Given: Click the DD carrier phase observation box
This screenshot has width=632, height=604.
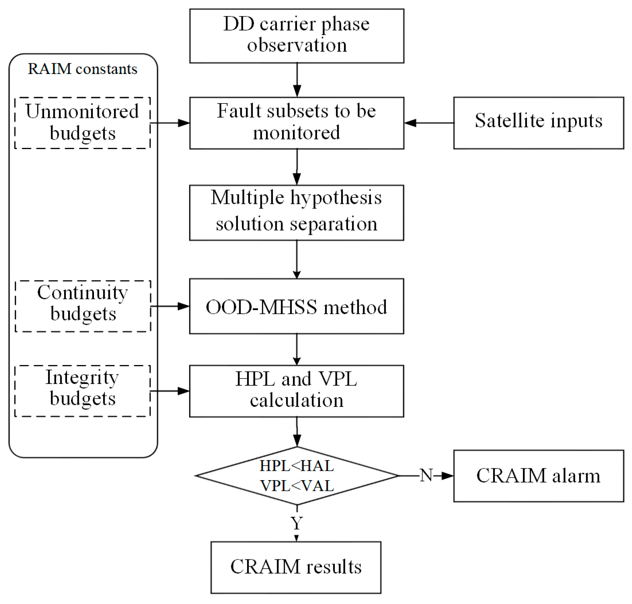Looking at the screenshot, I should pyautogui.click(x=296, y=35).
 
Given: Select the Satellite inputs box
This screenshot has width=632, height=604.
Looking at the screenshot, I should pyautogui.click(x=538, y=123).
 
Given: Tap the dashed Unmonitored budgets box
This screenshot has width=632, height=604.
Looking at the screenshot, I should pyautogui.click(x=82, y=123).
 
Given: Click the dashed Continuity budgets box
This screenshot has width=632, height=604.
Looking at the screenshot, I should pyautogui.click(x=83, y=306).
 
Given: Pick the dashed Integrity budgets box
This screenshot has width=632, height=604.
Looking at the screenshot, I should pyautogui.click(x=82, y=391).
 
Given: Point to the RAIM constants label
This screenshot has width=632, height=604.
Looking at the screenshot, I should pyautogui.click(x=82, y=69).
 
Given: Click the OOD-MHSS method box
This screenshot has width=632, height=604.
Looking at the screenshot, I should pyautogui.click(x=296, y=306).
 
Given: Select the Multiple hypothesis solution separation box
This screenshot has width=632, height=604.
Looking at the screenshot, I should pyautogui.click(x=296, y=213).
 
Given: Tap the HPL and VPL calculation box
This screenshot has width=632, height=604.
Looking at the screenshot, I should pyautogui.click(x=296, y=391).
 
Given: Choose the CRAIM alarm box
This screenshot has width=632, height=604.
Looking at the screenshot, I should pyautogui.click(x=538, y=476).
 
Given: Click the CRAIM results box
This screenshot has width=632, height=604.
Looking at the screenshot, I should pyautogui.click(x=296, y=567).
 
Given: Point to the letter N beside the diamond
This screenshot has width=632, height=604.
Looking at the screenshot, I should pyautogui.click(x=426, y=475).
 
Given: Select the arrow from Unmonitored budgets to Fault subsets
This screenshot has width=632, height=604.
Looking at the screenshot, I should pyautogui.click(x=170, y=123).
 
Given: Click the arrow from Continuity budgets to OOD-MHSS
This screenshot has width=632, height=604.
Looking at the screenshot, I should pyautogui.click(x=170, y=306).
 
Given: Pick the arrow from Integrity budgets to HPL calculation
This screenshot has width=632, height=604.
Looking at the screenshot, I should pyautogui.click(x=170, y=391).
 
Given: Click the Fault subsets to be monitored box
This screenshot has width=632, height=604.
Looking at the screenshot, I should pyautogui.click(x=296, y=123).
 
